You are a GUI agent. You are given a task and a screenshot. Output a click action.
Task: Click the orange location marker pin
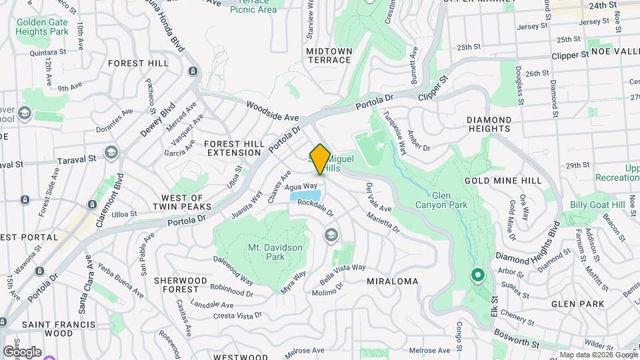320,159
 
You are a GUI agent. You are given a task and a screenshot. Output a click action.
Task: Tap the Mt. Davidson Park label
275,252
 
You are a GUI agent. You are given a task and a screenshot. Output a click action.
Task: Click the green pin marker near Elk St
477,275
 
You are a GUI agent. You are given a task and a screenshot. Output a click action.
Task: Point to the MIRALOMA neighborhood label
393,281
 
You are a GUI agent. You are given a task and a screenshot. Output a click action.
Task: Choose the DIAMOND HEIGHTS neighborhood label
489,125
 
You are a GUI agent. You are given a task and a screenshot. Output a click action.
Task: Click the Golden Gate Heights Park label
43,27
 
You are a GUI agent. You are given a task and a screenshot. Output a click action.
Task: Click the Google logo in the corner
22,351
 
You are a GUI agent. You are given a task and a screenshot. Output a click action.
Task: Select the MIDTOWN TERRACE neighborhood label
329,55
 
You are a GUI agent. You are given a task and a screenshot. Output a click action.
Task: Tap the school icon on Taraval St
111,153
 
